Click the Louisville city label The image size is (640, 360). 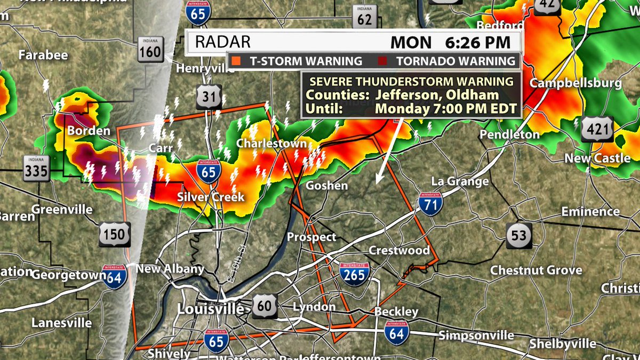pyautogui.click(x=210, y=309)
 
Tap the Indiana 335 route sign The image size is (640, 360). pyautogui.click(x=36, y=168)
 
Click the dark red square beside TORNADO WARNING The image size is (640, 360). pyautogui.click(x=382, y=61)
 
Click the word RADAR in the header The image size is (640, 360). pyautogui.click(x=222, y=42)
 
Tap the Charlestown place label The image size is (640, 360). pyautogui.click(x=271, y=143)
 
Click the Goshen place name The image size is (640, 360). pyautogui.click(x=326, y=186)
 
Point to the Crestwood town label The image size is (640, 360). pyautogui.click(x=399, y=250)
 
